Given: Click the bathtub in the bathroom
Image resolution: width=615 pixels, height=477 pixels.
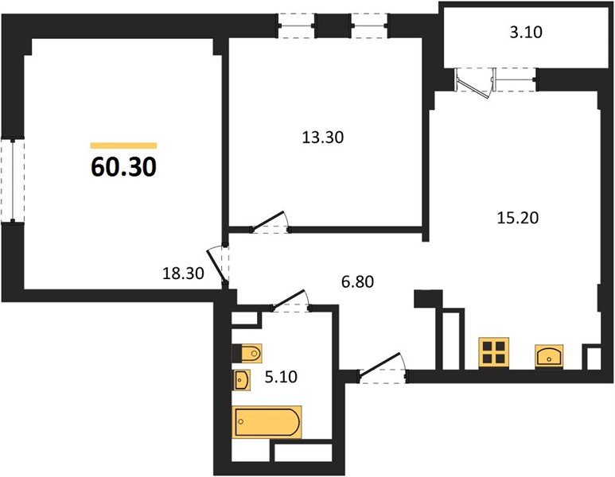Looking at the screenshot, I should click(267, 421).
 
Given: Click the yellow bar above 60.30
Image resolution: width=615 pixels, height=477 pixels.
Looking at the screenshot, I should click(123, 145).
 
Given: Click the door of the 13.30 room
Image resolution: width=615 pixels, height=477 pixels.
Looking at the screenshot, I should click(271, 222).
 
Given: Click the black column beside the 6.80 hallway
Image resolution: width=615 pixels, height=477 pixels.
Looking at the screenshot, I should click(427, 298).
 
